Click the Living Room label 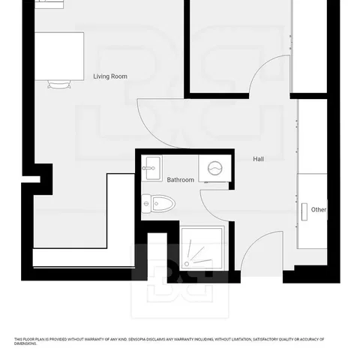pos(110,76)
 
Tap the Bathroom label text pos(181,180)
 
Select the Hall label pos(259,159)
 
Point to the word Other pos(319,209)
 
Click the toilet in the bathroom pos(158,204)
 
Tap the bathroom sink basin pos(153,168)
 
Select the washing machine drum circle pos(215,169)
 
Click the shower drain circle pos(187,264)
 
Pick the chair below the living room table pos(59,85)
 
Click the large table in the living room pos(59,56)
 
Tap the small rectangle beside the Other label pos(304,211)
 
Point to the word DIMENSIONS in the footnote pos(25,343)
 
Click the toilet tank pos(146,204)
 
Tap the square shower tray pos(202,248)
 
